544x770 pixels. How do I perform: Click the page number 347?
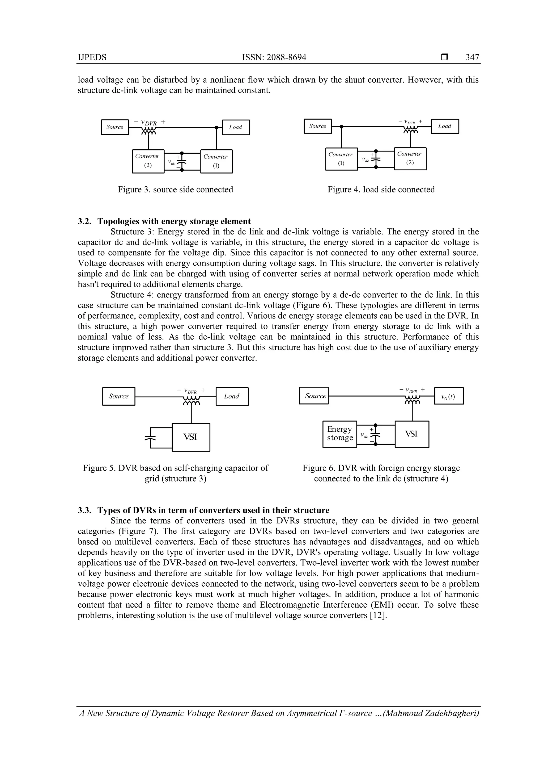(x=472, y=57)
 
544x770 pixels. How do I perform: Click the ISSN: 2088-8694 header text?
(x=274, y=57)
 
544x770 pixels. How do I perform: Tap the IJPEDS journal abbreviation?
(x=92, y=57)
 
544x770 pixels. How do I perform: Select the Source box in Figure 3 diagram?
(x=115, y=127)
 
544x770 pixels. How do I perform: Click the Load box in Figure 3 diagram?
(x=236, y=127)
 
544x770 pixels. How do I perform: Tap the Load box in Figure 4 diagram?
(x=444, y=126)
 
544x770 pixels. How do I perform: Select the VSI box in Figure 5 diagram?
(x=191, y=437)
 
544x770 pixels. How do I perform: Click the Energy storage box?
(x=339, y=434)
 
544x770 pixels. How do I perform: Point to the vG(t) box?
(x=448, y=396)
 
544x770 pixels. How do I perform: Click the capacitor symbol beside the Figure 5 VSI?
(x=151, y=438)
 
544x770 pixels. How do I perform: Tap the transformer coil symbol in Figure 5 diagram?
(x=191, y=401)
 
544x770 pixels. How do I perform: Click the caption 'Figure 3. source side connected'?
(x=175, y=190)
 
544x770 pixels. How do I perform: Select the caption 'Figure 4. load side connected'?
(x=381, y=190)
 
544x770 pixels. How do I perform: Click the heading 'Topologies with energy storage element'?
(x=174, y=221)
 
